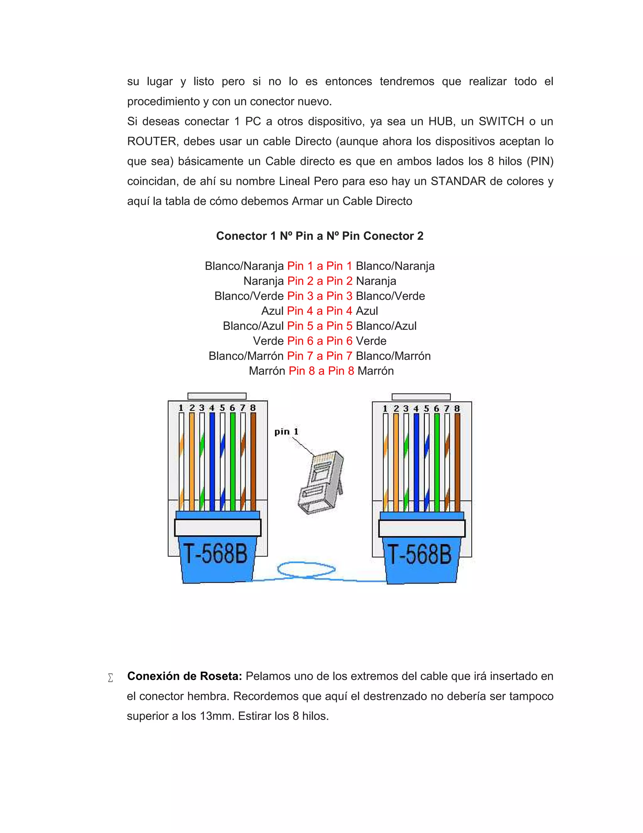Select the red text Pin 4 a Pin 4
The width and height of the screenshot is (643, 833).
(320, 311)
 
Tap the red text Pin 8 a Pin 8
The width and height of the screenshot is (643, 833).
(321, 371)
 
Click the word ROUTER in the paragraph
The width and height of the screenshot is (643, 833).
(152, 141)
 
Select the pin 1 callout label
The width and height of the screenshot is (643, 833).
(286, 432)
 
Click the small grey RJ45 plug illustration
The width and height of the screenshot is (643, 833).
(321, 482)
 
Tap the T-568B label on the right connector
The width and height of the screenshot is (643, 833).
(420, 554)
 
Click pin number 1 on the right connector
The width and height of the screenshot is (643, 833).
(385, 409)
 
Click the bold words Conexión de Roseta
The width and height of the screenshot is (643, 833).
(184, 676)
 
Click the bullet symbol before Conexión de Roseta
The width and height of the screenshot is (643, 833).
(111, 678)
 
